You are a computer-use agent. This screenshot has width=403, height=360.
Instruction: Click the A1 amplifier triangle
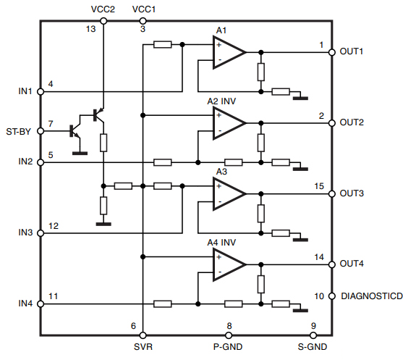227,52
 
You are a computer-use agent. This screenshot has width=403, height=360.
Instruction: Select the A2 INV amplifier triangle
227,122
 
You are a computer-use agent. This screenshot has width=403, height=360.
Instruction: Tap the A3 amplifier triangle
227,193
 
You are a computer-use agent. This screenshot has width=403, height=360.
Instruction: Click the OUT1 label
352,52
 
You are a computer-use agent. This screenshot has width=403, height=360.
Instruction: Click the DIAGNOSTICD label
371,296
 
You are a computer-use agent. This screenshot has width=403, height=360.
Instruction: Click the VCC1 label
143,9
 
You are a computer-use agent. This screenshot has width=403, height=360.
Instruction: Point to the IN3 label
25,233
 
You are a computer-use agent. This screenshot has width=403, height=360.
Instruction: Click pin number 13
90,29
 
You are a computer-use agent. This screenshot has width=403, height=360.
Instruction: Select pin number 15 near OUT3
319,186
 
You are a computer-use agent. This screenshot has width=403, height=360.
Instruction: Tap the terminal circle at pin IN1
40,91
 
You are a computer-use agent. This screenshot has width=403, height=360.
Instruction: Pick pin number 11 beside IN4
53,296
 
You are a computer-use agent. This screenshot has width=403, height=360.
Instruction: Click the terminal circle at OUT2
332,122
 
